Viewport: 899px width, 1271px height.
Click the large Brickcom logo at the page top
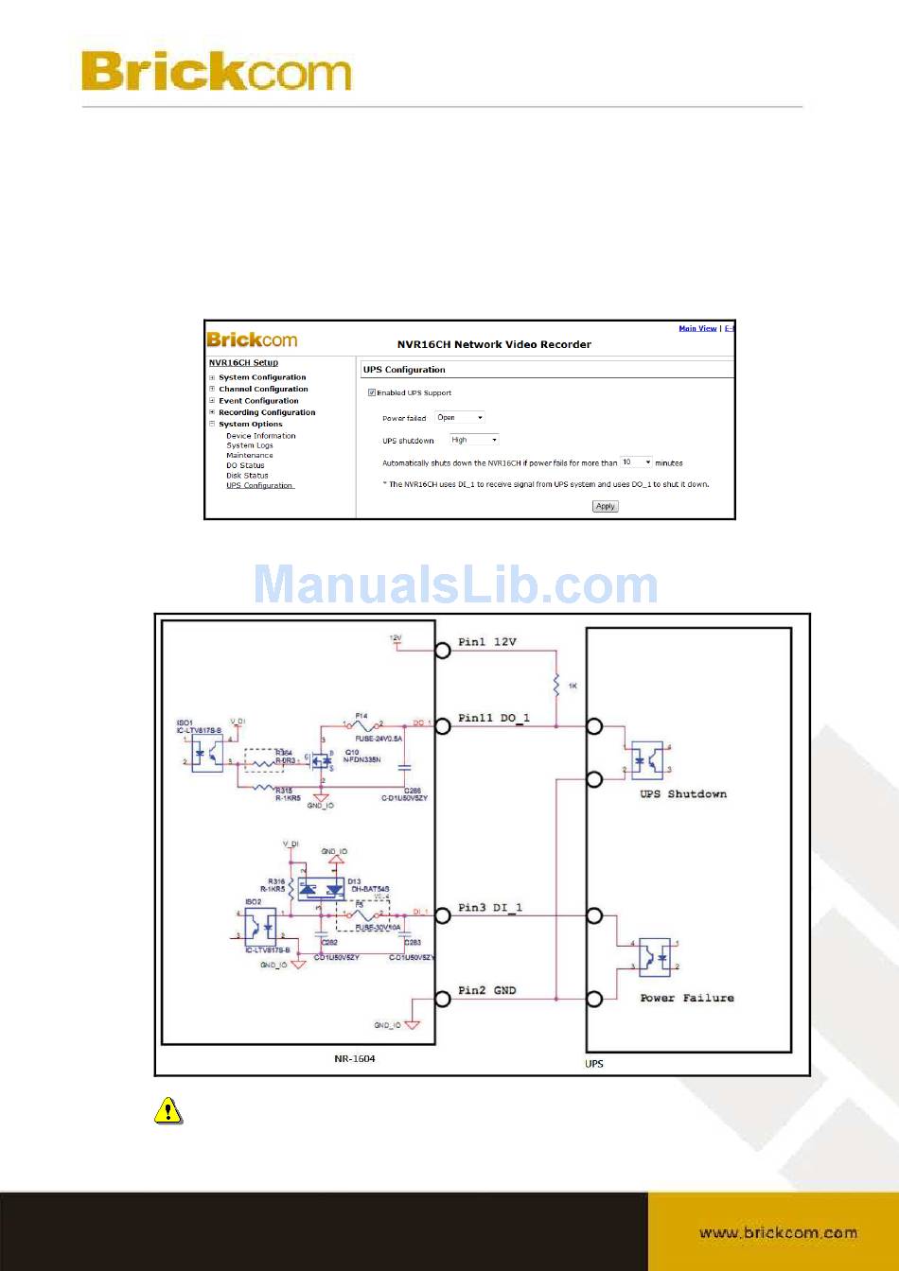[217, 71]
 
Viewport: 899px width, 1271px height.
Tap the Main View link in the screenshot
[697, 328]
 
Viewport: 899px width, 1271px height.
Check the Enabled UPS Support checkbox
[372, 392]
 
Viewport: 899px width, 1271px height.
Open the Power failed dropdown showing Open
[460, 417]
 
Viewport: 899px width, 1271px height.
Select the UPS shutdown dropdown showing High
[473, 440]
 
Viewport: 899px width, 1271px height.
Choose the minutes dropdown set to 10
[636, 462]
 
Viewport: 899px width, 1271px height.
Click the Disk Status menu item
[247, 476]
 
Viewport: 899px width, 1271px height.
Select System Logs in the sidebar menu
[249, 445]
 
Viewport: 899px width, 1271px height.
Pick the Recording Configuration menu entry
[267, 412]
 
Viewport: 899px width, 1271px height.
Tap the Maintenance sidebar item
[249, 456]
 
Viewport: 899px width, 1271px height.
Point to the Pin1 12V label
[487, 642]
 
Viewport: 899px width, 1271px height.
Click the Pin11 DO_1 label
[494, 718]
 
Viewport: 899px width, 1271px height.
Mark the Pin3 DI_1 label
[490, 908]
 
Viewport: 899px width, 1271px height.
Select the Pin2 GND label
[487, 990]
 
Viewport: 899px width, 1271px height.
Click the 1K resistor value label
[573, 686]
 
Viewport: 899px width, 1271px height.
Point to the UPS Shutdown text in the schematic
[683, 794]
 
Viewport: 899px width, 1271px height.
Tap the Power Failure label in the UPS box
[687, 998]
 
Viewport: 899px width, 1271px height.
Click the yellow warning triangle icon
[167, 1110]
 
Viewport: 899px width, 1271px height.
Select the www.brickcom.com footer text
[778, 1233]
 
